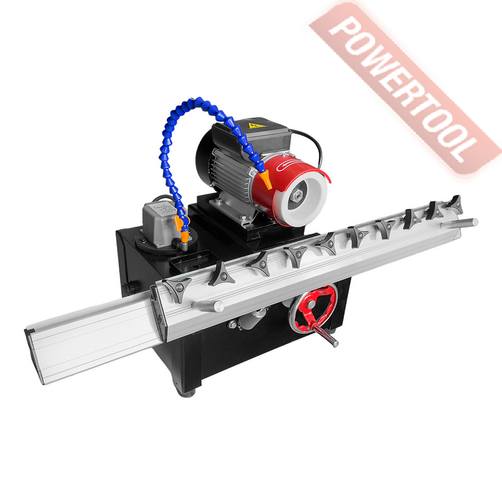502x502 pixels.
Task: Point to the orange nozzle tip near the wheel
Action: [266, 180]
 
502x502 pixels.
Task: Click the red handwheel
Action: [313, 308]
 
